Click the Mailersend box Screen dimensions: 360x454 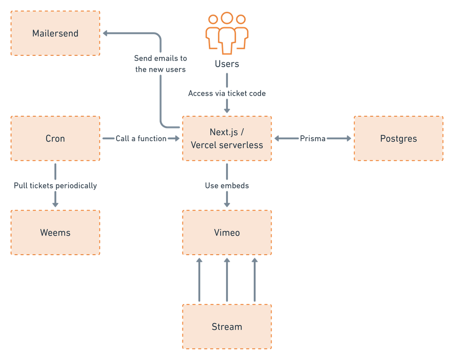55,34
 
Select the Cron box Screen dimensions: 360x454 55,138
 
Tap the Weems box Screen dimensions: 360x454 55,233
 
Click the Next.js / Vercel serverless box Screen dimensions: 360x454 227,138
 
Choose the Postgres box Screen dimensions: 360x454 399,138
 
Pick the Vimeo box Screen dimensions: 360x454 227,233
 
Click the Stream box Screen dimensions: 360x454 227,327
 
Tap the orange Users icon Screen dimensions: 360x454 227,32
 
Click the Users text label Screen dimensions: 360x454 227,64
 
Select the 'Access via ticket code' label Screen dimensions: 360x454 227,94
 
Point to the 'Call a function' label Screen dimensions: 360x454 141,138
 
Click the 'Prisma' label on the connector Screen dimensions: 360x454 312,138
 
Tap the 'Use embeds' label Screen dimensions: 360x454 227,186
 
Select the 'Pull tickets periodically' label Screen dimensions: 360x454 55,186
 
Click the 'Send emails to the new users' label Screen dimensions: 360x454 161,64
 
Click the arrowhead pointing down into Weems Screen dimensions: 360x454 55,205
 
